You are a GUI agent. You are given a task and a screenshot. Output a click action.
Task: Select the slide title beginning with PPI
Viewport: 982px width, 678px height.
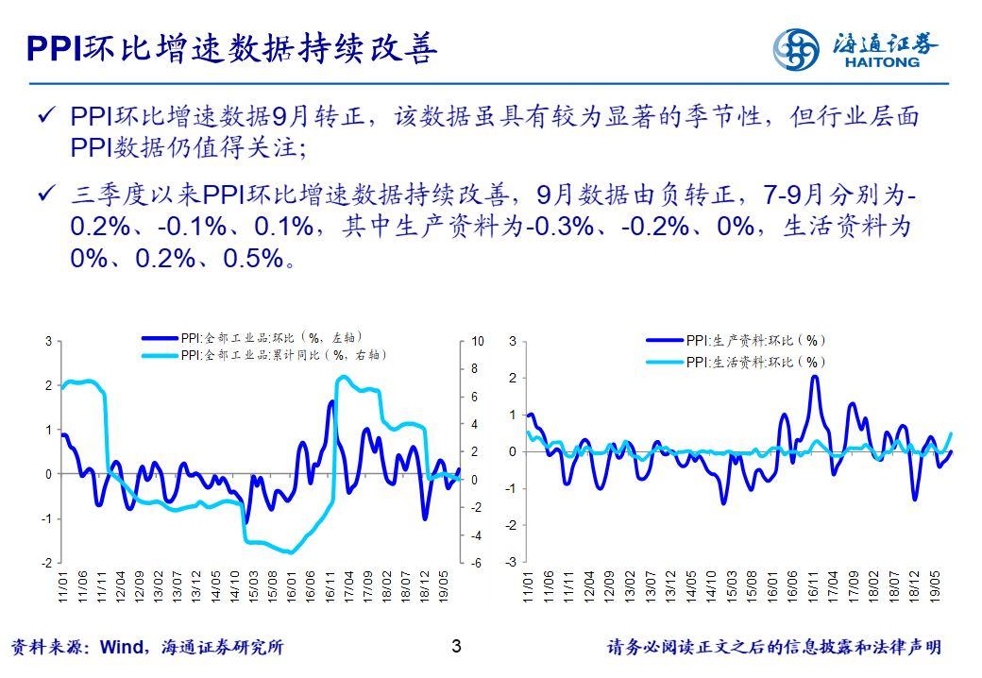[231, 47]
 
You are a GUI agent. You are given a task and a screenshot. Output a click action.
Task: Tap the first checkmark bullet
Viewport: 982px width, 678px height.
[44, 117]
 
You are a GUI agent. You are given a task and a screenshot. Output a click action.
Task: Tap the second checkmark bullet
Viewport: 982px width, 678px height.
[44, 196]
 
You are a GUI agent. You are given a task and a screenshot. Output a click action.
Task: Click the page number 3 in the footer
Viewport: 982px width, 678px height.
[457, 647]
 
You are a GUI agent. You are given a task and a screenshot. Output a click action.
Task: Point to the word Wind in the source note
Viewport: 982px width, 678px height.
[121, 648]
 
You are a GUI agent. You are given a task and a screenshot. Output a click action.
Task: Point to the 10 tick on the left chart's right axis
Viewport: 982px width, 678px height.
[477, 340]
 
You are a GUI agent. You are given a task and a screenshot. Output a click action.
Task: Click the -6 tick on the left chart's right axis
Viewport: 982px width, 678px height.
[477, 564]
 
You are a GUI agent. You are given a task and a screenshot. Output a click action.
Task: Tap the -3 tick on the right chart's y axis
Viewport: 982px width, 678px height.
[511, 563]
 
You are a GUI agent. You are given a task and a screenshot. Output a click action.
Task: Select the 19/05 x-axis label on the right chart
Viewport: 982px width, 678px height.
[936, 585]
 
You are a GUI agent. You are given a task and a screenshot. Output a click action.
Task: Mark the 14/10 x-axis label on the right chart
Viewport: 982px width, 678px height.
[710, 585]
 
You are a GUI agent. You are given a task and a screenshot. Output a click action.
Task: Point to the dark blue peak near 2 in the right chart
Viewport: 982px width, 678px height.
[815, 377]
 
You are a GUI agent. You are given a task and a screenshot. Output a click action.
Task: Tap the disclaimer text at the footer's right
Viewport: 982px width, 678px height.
[773, 648]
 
